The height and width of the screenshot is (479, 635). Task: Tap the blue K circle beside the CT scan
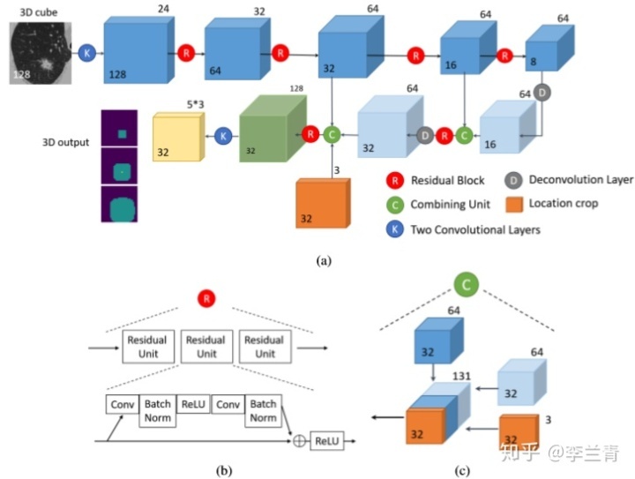(86, 54)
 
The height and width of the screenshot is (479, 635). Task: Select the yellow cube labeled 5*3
(179, 138)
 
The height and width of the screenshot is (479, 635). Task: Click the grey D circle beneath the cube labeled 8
(543, 91)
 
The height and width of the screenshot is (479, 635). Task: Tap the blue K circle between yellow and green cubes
(223, 136)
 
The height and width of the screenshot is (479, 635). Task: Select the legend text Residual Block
(447, 180)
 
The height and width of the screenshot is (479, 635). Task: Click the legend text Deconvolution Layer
(580, 180)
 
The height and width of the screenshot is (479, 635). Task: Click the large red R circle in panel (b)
(206, 300)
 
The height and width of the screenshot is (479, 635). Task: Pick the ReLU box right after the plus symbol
(327, 438)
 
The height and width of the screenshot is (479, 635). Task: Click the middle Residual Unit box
(205, 346)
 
